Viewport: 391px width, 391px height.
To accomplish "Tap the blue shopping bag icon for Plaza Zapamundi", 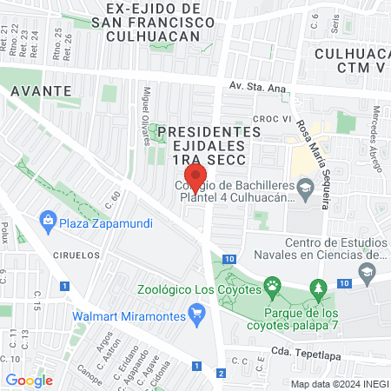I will (47, 223).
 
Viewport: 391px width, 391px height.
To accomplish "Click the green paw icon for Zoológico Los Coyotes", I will (273, 284).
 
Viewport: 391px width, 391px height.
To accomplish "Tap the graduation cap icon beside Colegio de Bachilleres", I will (305, 188).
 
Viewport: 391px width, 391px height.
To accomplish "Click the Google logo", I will (29, 380).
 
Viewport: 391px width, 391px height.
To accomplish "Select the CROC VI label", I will (271, 118).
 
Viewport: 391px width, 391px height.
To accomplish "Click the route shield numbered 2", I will (221, 374).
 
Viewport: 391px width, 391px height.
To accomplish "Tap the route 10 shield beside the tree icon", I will (344, 283).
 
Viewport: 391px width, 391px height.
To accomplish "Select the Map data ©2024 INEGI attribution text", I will (339, 383).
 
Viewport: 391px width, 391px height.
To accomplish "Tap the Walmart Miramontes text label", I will (130, 315).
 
